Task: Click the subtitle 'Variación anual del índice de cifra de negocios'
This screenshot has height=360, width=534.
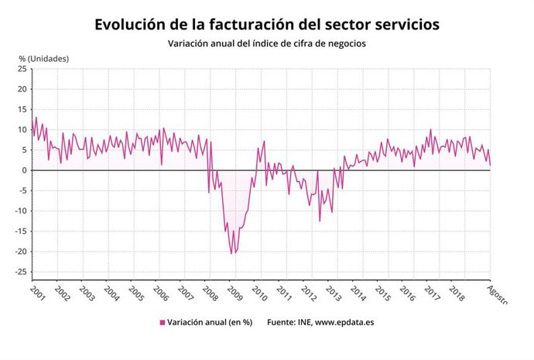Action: [267, 43]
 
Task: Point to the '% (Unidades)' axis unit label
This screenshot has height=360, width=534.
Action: [44, 58]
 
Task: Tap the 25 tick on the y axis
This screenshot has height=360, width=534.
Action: [22, 69]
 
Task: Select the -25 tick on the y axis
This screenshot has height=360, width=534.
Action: [21, 272]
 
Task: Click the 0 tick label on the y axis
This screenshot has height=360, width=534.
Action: [25, 170]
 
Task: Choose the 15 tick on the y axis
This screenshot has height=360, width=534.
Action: [22, 109]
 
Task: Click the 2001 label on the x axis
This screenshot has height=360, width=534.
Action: [37, 295]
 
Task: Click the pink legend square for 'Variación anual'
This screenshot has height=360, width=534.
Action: [163, 322]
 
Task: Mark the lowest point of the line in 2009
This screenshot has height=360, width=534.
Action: [231, 253]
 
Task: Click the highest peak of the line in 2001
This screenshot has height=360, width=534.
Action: [36, 118]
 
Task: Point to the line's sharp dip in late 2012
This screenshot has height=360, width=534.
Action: [320, 221]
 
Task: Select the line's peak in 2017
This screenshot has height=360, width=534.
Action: [430, 130]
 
